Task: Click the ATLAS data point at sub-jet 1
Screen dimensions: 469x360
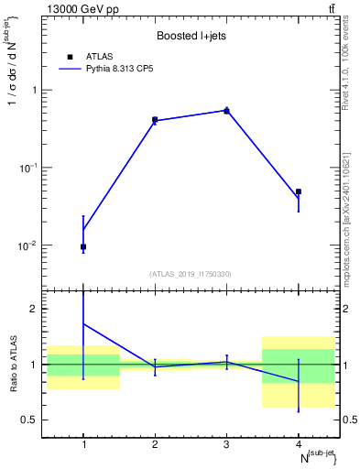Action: point(83,246)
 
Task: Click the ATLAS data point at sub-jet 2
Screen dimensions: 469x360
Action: point(155,119)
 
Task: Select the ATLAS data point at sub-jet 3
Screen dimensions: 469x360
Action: point(226,110)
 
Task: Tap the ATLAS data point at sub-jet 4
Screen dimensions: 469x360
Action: point(299,191)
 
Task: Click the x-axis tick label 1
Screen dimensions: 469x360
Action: point(83,444)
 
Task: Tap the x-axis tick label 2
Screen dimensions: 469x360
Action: point(155,444)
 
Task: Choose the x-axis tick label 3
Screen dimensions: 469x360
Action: point(226,444)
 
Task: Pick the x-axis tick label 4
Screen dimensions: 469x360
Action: point(299,444)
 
